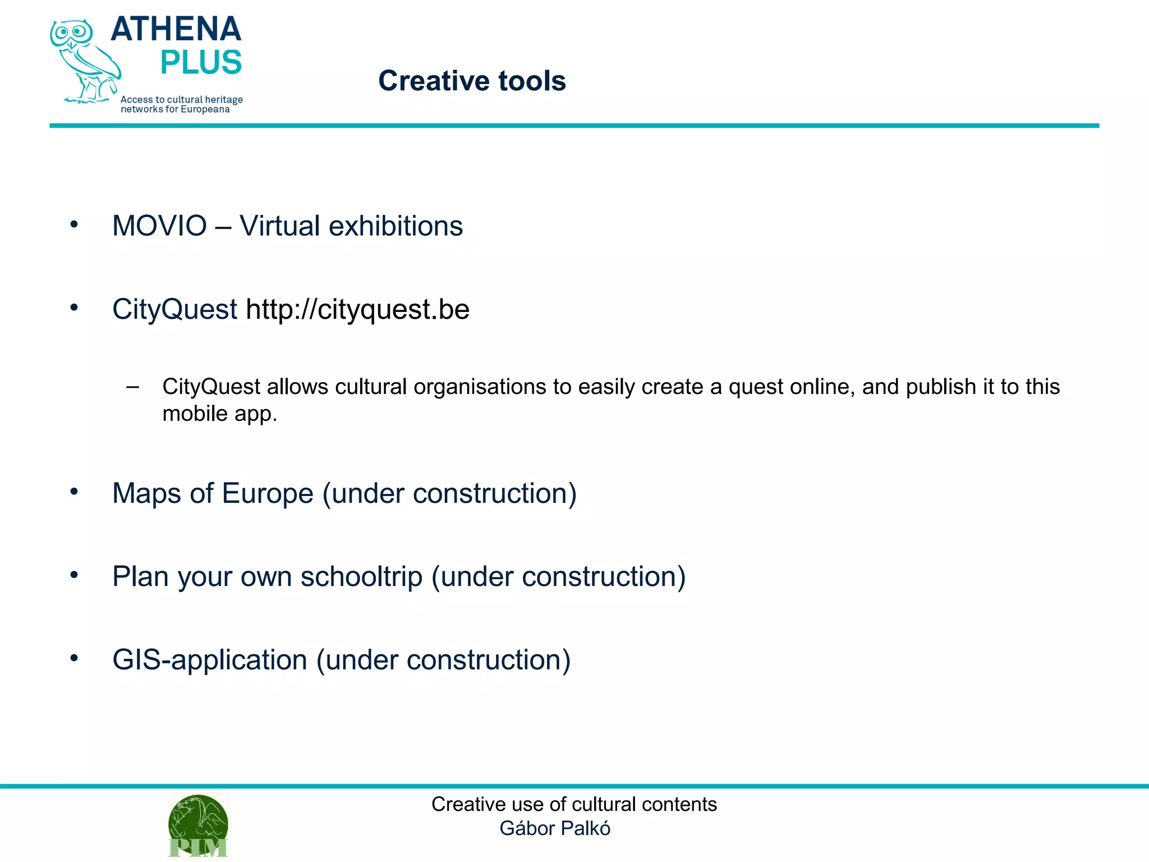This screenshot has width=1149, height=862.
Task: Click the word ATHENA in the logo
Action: click(x=176, y=29)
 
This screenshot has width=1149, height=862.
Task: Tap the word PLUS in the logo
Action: click(x=201, y=62)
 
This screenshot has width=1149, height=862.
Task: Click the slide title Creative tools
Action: click(x=472, y=81)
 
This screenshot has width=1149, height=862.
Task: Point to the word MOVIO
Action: click(x=159, y=226)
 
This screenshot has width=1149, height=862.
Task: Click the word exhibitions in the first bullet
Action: click(x=396, y=226)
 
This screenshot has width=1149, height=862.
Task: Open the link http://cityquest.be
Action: click(x=357, y=309)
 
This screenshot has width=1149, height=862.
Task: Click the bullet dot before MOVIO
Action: click(x=74, y=225)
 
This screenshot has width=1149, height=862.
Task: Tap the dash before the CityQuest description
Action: click(x=133, y=386)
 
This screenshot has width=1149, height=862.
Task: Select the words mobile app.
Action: click(x=219, y=414)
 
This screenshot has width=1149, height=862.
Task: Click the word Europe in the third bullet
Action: click(x=267, y=494)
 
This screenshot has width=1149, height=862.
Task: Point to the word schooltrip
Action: click(x=361, y=577)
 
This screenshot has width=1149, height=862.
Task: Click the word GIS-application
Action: click(x=209, y=660)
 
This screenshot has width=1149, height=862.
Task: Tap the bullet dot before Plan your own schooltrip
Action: click(x=74, y=575)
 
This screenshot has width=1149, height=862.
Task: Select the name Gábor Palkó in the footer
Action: click(x=554, y=828)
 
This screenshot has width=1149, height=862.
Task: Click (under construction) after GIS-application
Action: click(x=443, y=660)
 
